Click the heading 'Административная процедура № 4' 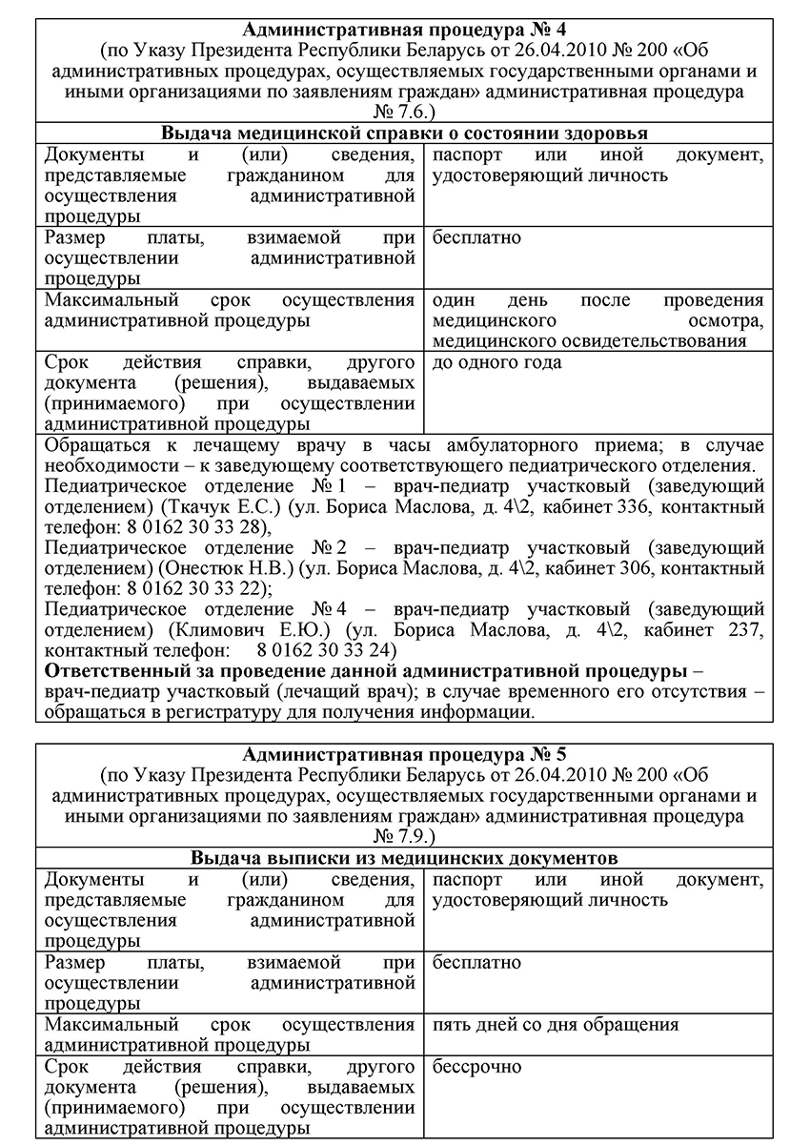[404, 29]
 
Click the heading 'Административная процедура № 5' [404, 753]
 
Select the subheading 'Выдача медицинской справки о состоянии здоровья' [404, 133]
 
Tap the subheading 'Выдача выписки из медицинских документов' [404, 858]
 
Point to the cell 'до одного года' [496, 362]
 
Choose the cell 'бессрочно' [476, 1067]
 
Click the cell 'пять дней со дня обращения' [555, 1025]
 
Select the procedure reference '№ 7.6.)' [404, 113]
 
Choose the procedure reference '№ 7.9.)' [404, 837]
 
